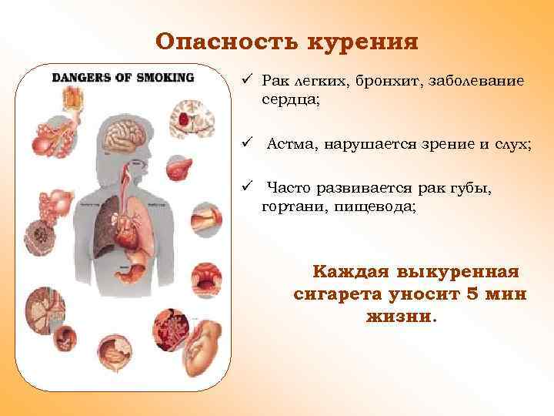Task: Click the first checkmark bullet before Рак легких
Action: click(245, 80)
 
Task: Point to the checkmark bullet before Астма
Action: click(245, 143)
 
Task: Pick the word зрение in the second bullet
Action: click(413, 143)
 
